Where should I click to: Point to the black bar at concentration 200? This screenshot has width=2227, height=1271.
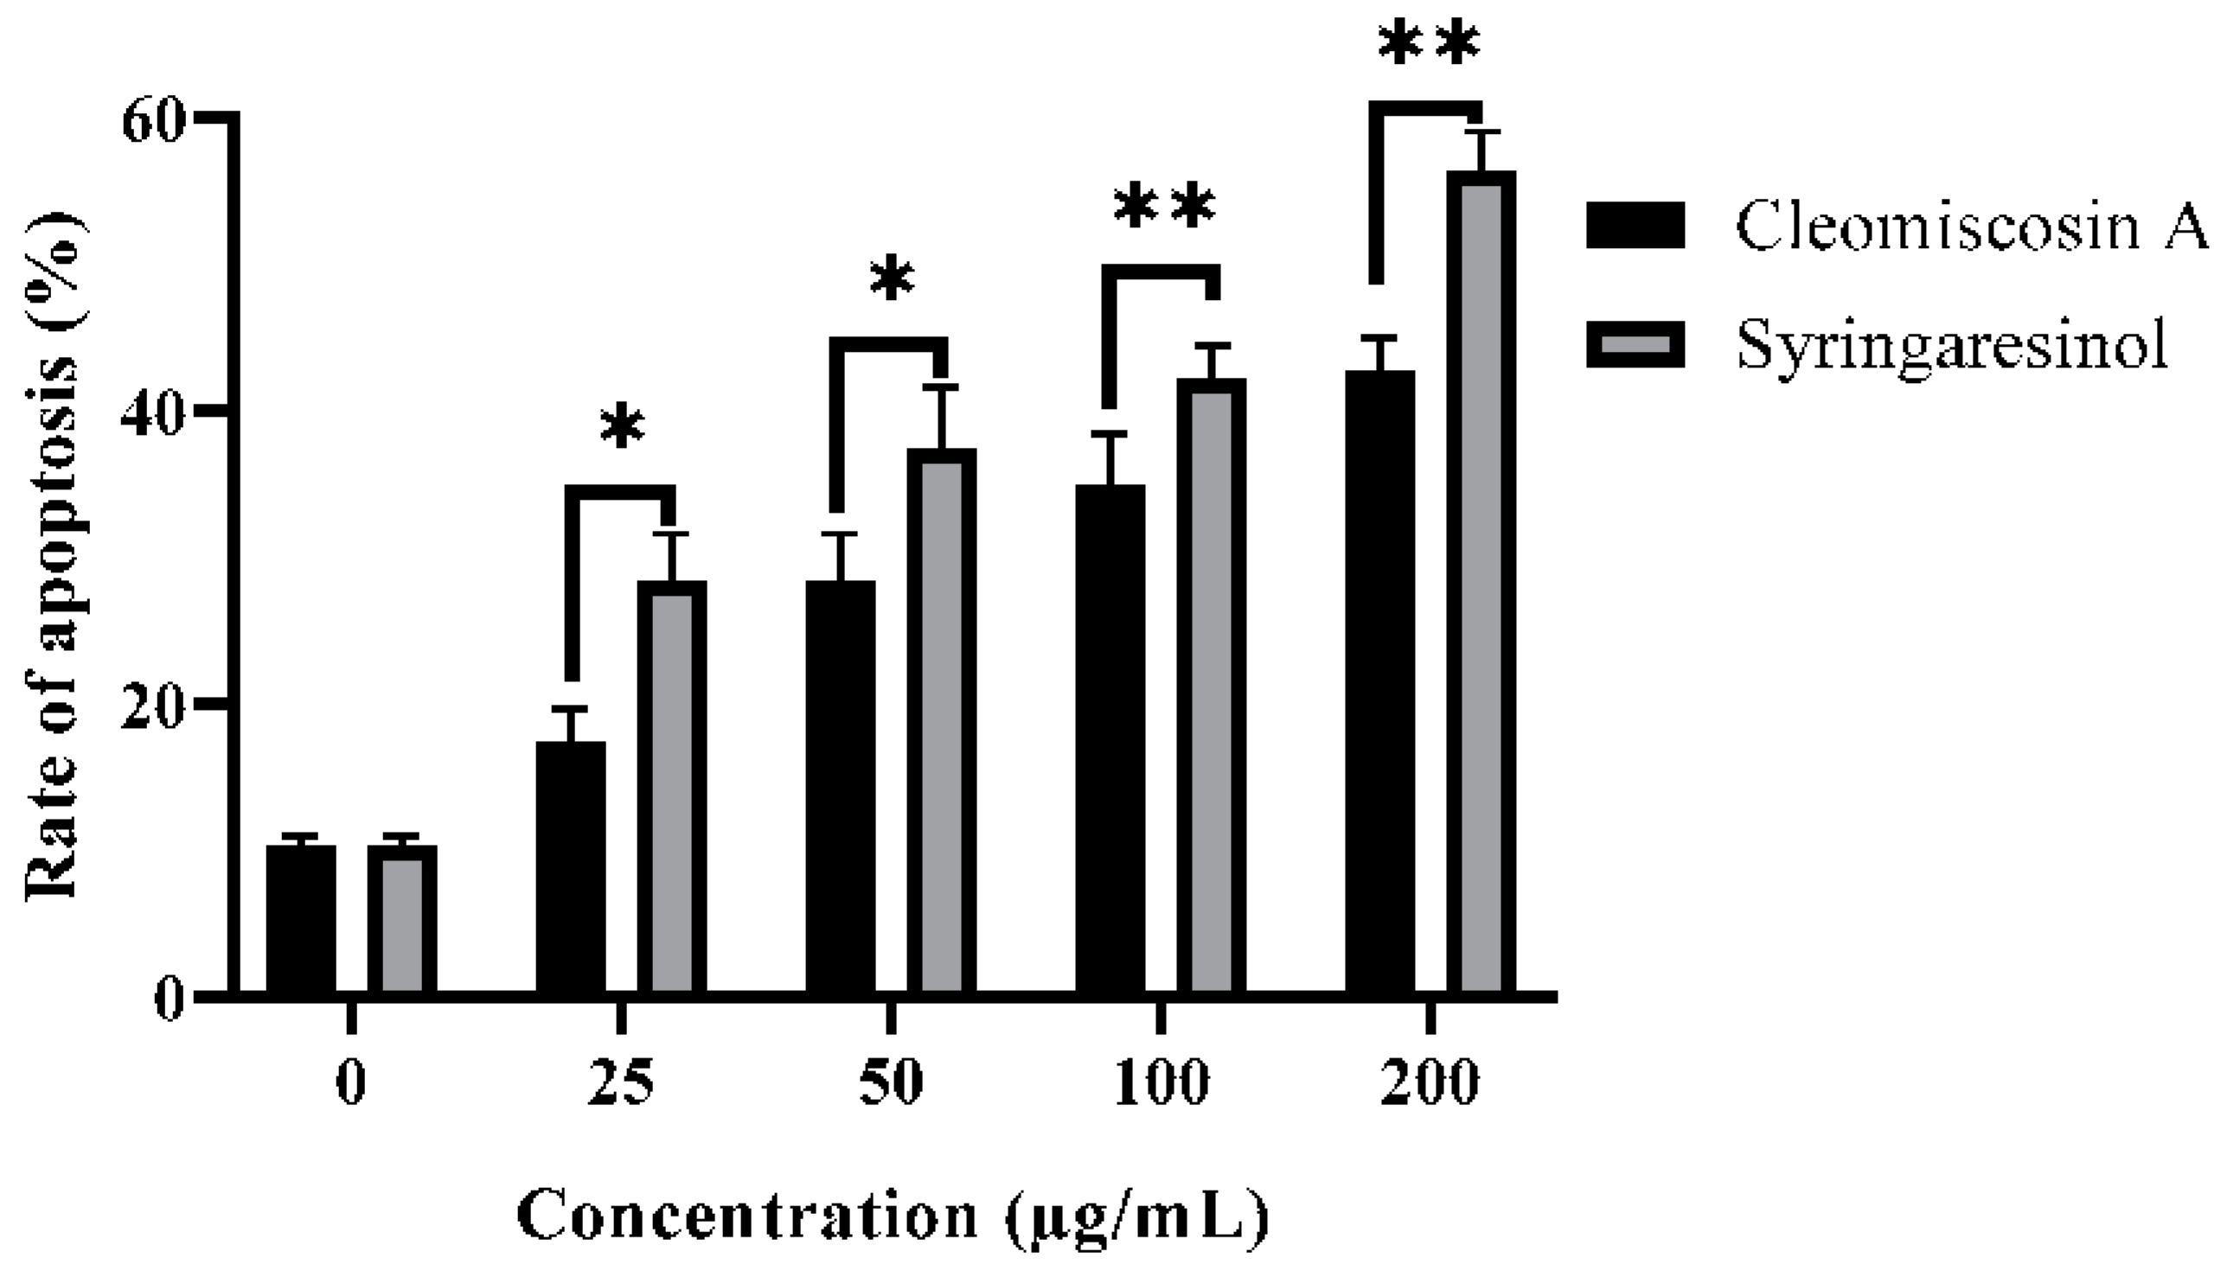(1379, 681)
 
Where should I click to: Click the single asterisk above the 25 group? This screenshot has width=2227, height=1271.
(623, 428)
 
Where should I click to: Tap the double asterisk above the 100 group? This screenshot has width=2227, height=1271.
(1164, 208)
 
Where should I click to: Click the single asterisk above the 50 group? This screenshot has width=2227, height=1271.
(892, 280)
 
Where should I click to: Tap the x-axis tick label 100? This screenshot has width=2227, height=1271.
(1161, 1083)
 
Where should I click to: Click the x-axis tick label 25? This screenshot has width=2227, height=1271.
(621, 1083)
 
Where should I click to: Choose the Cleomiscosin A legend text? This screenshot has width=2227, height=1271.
(1971, 226)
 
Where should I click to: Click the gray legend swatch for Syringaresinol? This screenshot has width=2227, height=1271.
(1635, 346)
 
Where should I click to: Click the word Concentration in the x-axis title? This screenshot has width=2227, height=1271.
(746, 1214)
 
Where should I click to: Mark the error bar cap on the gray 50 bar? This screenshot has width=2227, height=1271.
(941, 386)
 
